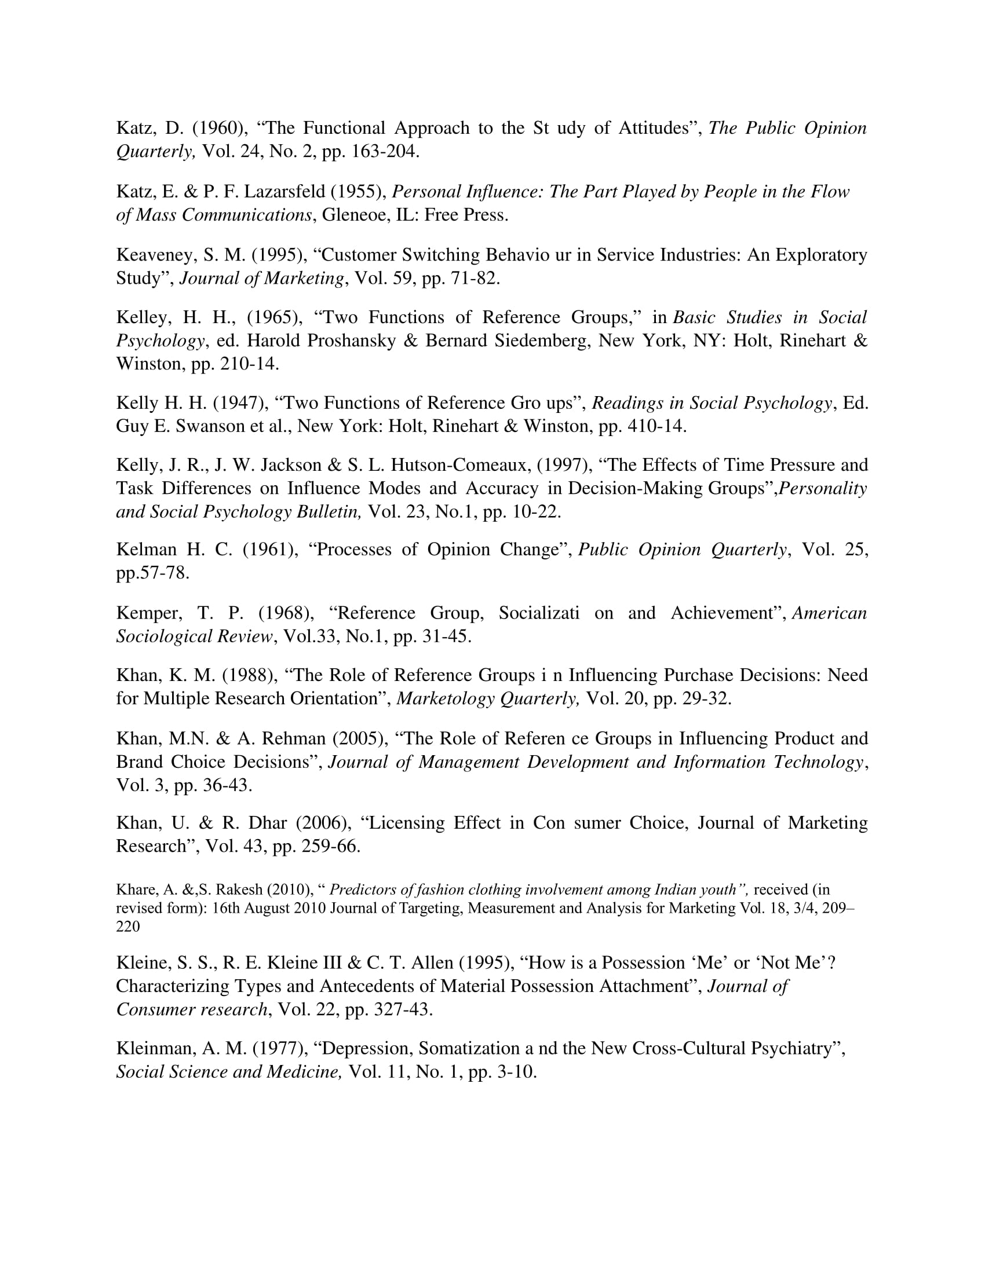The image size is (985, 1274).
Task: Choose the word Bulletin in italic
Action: (x=329, y=511)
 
